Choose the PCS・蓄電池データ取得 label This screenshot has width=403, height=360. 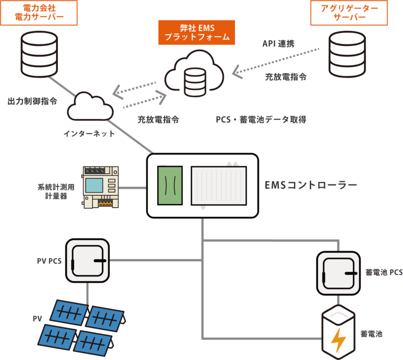(261, 120)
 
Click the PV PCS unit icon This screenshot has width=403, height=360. (89, 261)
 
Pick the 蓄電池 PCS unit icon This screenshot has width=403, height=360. (338, 272)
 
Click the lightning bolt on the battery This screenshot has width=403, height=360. (338, 340)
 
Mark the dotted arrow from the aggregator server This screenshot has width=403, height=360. (277, 61)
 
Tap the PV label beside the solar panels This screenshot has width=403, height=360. (37, 318)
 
